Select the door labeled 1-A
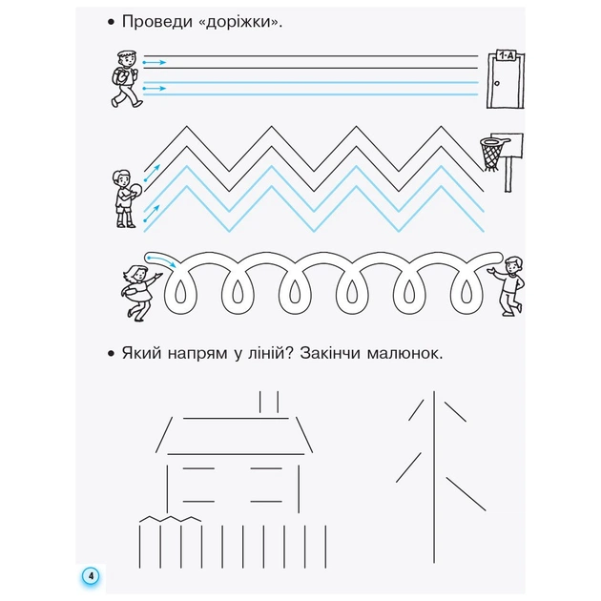tap(501, 85)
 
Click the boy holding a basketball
tap(122, 197)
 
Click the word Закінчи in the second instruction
tap(335, 355)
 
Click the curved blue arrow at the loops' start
tap(160, 260)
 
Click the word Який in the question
tap(140, 355)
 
